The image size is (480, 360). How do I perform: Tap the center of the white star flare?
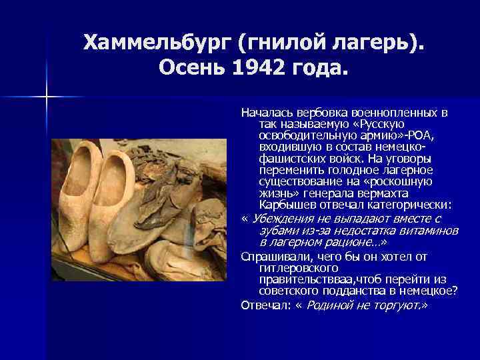[47, 98]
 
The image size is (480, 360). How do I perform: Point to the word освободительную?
[299, 136]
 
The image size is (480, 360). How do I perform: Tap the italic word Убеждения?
[283, 218]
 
